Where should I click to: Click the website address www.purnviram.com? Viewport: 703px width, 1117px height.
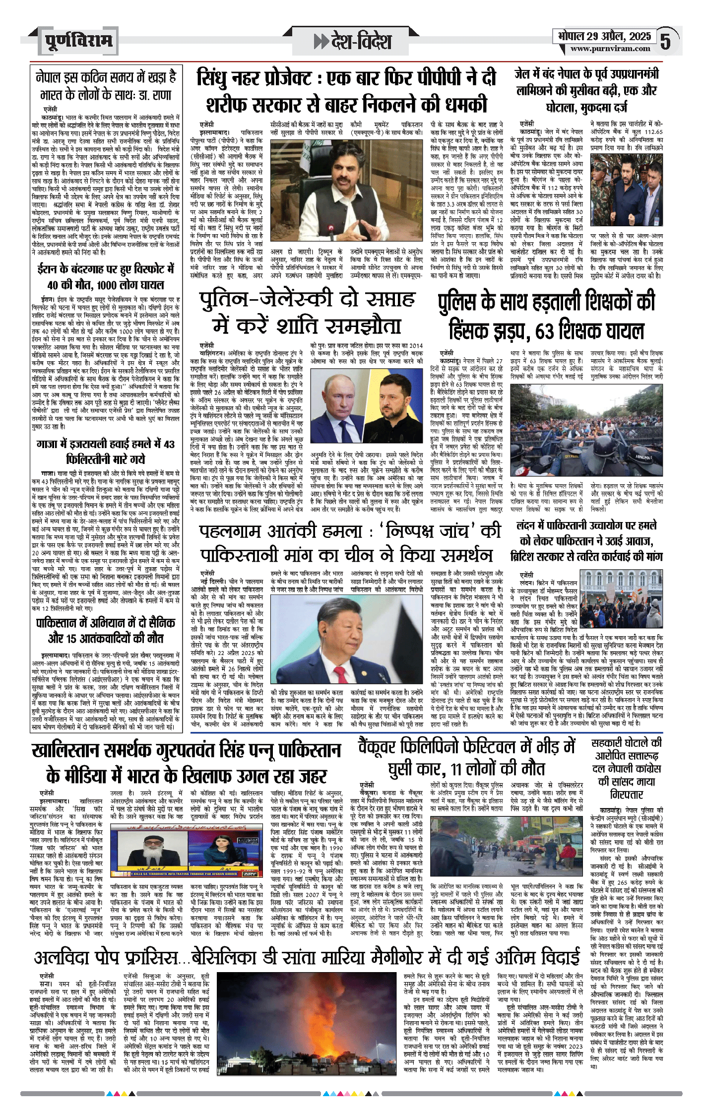click(x=610, y=49)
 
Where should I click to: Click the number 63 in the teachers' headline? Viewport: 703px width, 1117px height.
click(x=545, y=331)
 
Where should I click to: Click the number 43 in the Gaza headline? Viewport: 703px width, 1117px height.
click(x=169, y=444)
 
